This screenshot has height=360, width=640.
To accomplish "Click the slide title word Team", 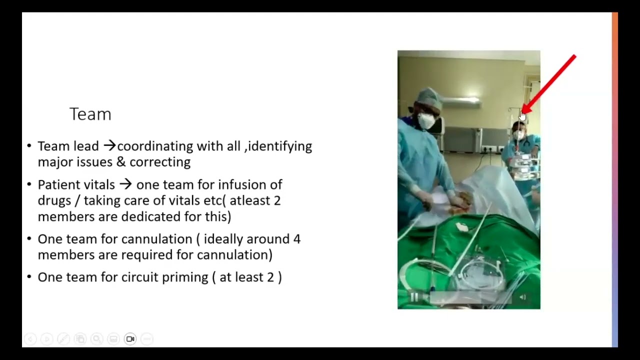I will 90,114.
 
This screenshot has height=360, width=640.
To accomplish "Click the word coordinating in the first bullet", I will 155,146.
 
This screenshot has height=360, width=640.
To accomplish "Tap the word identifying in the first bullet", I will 280,146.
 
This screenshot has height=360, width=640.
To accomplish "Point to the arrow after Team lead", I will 109,146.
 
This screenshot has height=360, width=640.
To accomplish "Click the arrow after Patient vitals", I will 125,184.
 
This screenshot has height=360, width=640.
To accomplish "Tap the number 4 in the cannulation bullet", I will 297,239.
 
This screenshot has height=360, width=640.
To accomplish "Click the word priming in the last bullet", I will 188,277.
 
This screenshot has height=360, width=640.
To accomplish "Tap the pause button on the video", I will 414,297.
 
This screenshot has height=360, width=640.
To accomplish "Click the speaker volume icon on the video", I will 523,297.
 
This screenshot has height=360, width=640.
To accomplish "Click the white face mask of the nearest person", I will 426,120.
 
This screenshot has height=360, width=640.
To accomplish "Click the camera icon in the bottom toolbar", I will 130,339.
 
